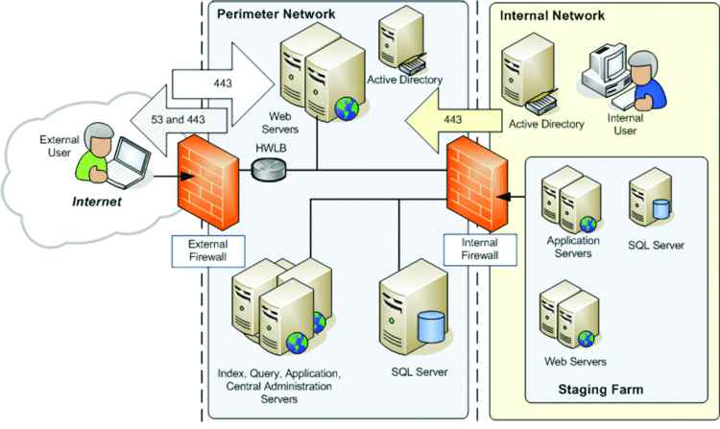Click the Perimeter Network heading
click(276, 14)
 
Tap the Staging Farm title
click(598, 390)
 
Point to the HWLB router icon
click(267, 171)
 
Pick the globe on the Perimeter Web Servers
click(345, 108)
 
